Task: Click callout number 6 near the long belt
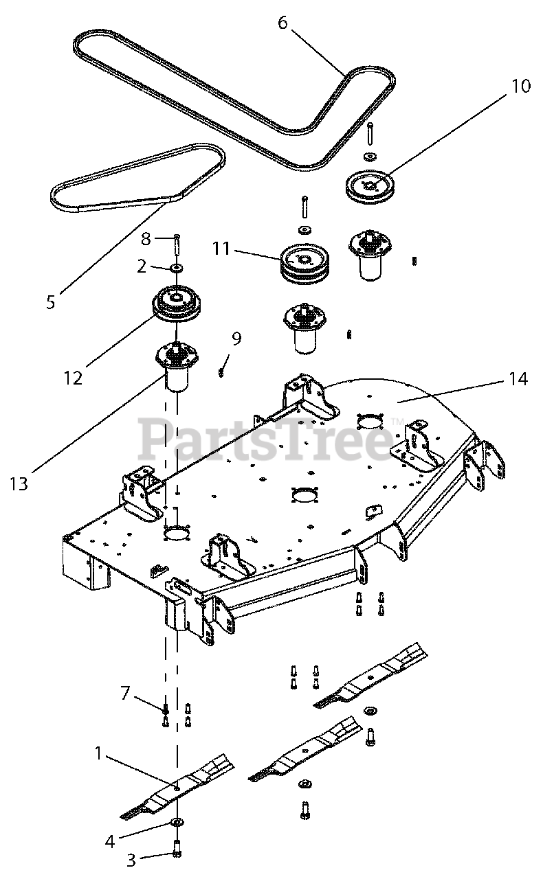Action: pos(282,23)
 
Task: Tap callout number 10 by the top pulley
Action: pos(520,87)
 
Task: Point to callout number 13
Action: pos(19,483)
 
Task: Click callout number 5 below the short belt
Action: pos(50,302)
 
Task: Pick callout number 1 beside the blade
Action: pos(98,754)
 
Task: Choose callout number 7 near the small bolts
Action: pos(124,693)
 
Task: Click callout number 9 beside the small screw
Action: pos(236,338)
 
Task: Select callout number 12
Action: pos(73,377)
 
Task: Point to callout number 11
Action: pos(221,248)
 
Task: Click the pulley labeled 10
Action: pos(370,184)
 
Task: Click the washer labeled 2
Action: pos(176,266)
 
